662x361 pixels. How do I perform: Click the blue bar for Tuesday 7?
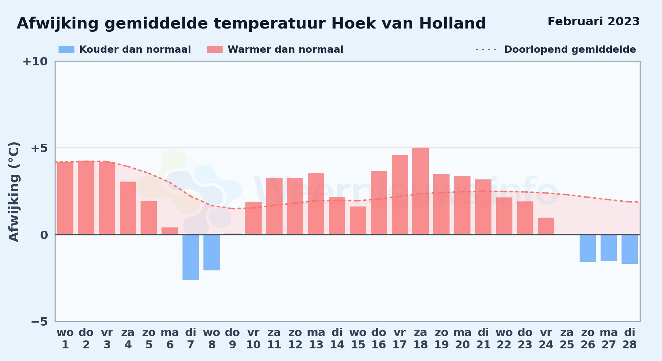[x=190, y=257]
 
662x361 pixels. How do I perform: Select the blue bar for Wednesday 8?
[x=211, y=252]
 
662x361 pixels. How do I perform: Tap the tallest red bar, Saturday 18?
[x=421, y=191]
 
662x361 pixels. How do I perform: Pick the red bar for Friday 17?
[x=400, y=195]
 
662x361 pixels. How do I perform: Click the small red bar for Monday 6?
[x=169, y=231]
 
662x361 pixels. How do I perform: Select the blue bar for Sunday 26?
[x=588, y=248]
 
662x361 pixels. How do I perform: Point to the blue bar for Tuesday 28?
[x=629, y=249]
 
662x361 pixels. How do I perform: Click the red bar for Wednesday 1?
[x=65, y=198]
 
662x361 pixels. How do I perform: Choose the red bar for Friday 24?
[x=546, y=226]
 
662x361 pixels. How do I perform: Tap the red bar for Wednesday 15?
[x=358, y=221]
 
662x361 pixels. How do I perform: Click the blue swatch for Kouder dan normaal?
[x=66, y=49]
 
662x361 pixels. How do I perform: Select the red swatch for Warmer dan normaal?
[x=215, y=49]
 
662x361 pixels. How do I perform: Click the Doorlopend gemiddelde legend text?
[x=570, y=49]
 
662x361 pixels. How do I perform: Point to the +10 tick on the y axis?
[x=35, y=61]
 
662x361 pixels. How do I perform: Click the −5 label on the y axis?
[x=39, y=321]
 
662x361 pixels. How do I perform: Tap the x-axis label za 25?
[x=567, y=339]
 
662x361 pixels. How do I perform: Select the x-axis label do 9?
[x=232, y=339]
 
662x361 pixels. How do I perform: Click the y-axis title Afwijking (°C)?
[x=14, y=191]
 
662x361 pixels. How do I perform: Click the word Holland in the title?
[x=452, y=23]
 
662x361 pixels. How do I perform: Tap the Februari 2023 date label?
[x=593, y=21]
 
